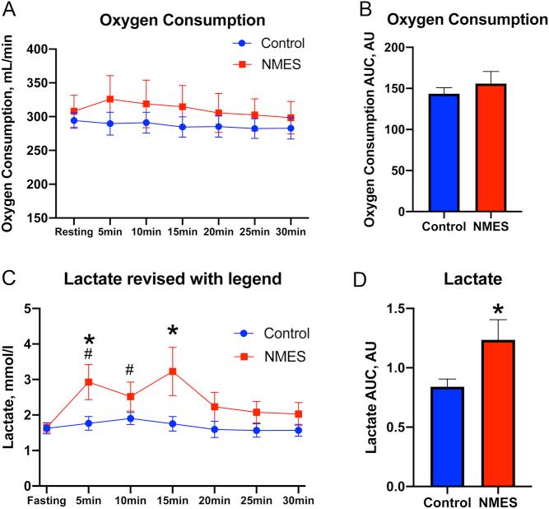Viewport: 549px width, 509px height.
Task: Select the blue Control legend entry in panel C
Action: (278, 334)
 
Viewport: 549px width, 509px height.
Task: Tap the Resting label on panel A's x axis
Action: (73, 233)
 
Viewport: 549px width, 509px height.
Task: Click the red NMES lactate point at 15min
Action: (173, 371)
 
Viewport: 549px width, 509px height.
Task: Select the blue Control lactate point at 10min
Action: (129, 418)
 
